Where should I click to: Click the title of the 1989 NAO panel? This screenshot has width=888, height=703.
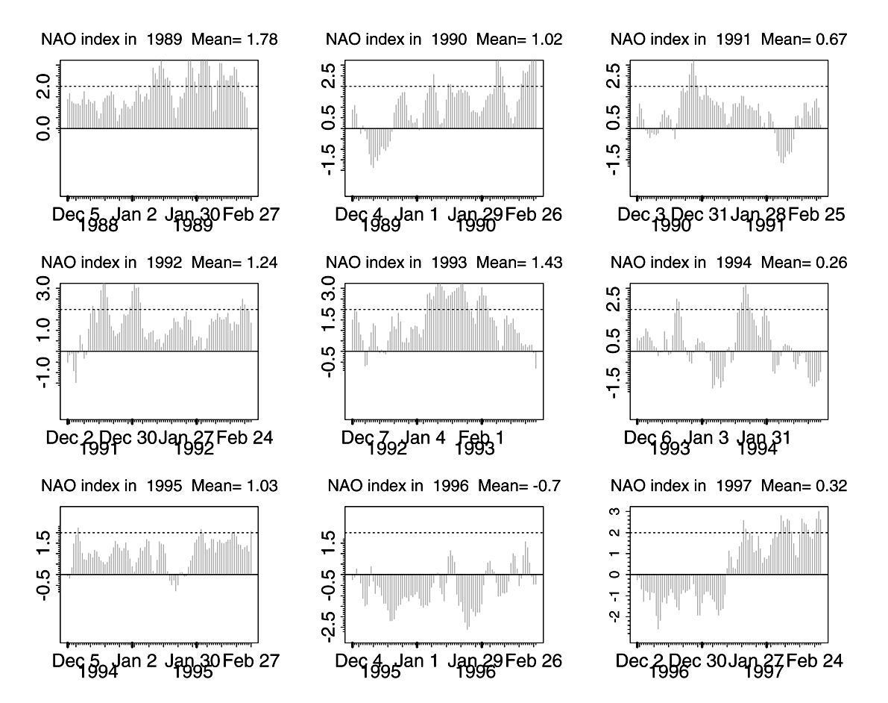coord(159,40)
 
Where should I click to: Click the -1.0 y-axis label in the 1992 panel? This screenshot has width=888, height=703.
coord(46,372)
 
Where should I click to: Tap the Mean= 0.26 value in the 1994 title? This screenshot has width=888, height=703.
coord(804,262)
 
